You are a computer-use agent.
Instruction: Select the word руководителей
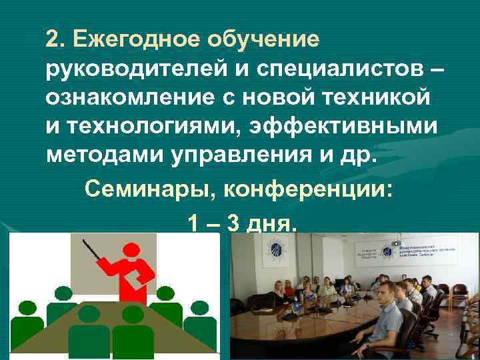(131, 69)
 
